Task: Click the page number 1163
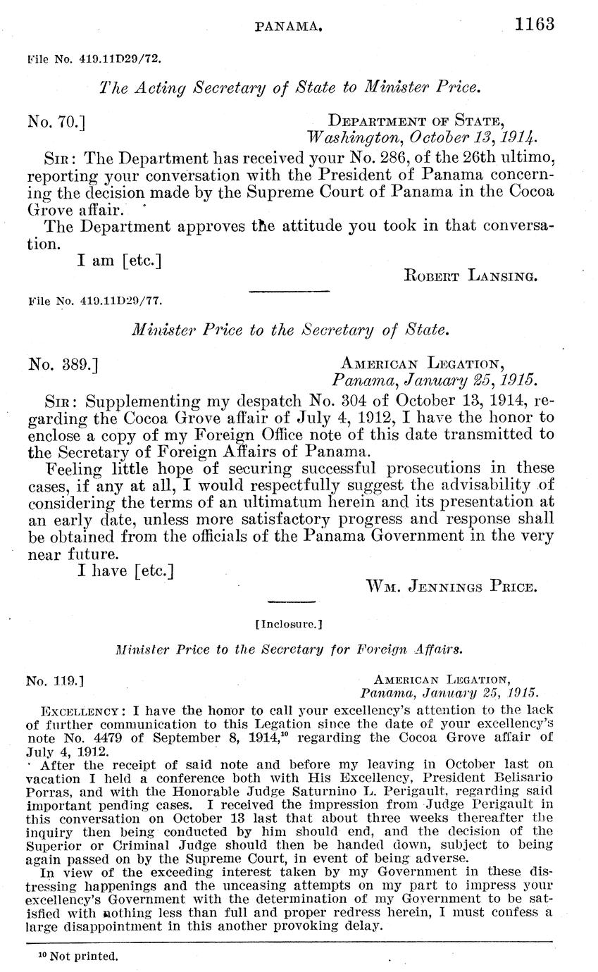pyautogui.click(x=535, y=24)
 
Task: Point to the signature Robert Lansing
pyautogui.click(x=471, y=276)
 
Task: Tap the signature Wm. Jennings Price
pyautogui.click(x=451, y=586)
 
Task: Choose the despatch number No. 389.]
pyautogui.click(x=63, y=364)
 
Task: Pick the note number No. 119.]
pyautogui.click(x=55, y=682)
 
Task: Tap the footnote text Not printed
pyautogui.click(x=82, y=957)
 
